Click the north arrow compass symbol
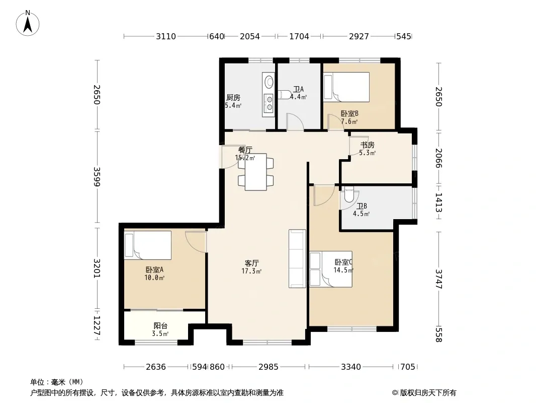(x=28, y=23)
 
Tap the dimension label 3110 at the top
(x=166, y=36)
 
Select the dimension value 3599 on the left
(x=97, y=176)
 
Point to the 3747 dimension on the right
(x=439, y=279)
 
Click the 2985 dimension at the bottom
(x=269, y=367)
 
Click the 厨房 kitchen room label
(x=233, y=98)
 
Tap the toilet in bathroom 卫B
(x=348, y=194)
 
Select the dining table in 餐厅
(x=256, y=172)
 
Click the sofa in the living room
(x=297, y=258)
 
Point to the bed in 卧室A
(x=148, y=245)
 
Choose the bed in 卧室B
(x=346, y=87)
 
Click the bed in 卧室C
(x=331, y=269)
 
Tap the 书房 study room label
(x=368, y=145)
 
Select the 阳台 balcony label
(x=160, y=325)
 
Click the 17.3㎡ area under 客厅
(x=251, y=271)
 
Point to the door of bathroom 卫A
(x=295, y=122)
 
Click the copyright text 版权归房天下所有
(x=428, y=393)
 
